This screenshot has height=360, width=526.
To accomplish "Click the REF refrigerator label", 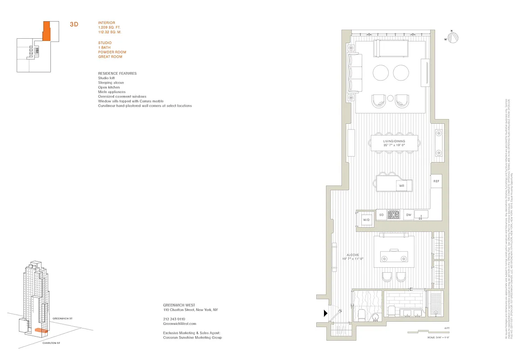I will (436, 181).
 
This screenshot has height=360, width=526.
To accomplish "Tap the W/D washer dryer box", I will (366, 220).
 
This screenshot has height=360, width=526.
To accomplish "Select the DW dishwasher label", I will (409, 215).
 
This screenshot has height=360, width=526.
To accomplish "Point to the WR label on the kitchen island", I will (401, 185).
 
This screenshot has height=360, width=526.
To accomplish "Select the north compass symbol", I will (454, 38).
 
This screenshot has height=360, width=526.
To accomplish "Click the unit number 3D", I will (74, 24).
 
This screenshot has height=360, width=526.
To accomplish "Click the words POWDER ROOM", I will (112, 52).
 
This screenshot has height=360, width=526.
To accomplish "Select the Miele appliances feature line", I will (112, 92).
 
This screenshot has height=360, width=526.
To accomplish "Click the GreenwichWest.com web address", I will (179, 324).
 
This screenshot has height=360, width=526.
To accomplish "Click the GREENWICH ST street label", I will (63, 318).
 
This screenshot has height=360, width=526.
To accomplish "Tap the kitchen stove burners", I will (395, 215).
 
